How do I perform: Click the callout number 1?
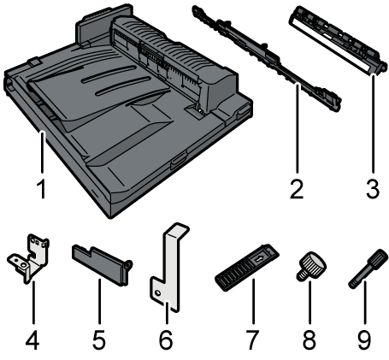pos(42,189)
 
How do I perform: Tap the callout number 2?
pos(297,189)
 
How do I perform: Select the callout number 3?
pos(373,189)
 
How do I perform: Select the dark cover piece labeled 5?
pos(100,263)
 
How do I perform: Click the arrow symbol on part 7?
pos(260,259)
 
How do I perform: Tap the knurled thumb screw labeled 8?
pos(311,265)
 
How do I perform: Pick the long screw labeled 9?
pos(368,269)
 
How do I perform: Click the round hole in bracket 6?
pos(157,293)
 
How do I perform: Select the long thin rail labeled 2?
pos(267,58)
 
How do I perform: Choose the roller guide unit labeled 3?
pos(339,40)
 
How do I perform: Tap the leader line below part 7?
pos(253,301)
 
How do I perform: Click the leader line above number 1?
pos(42,152)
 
